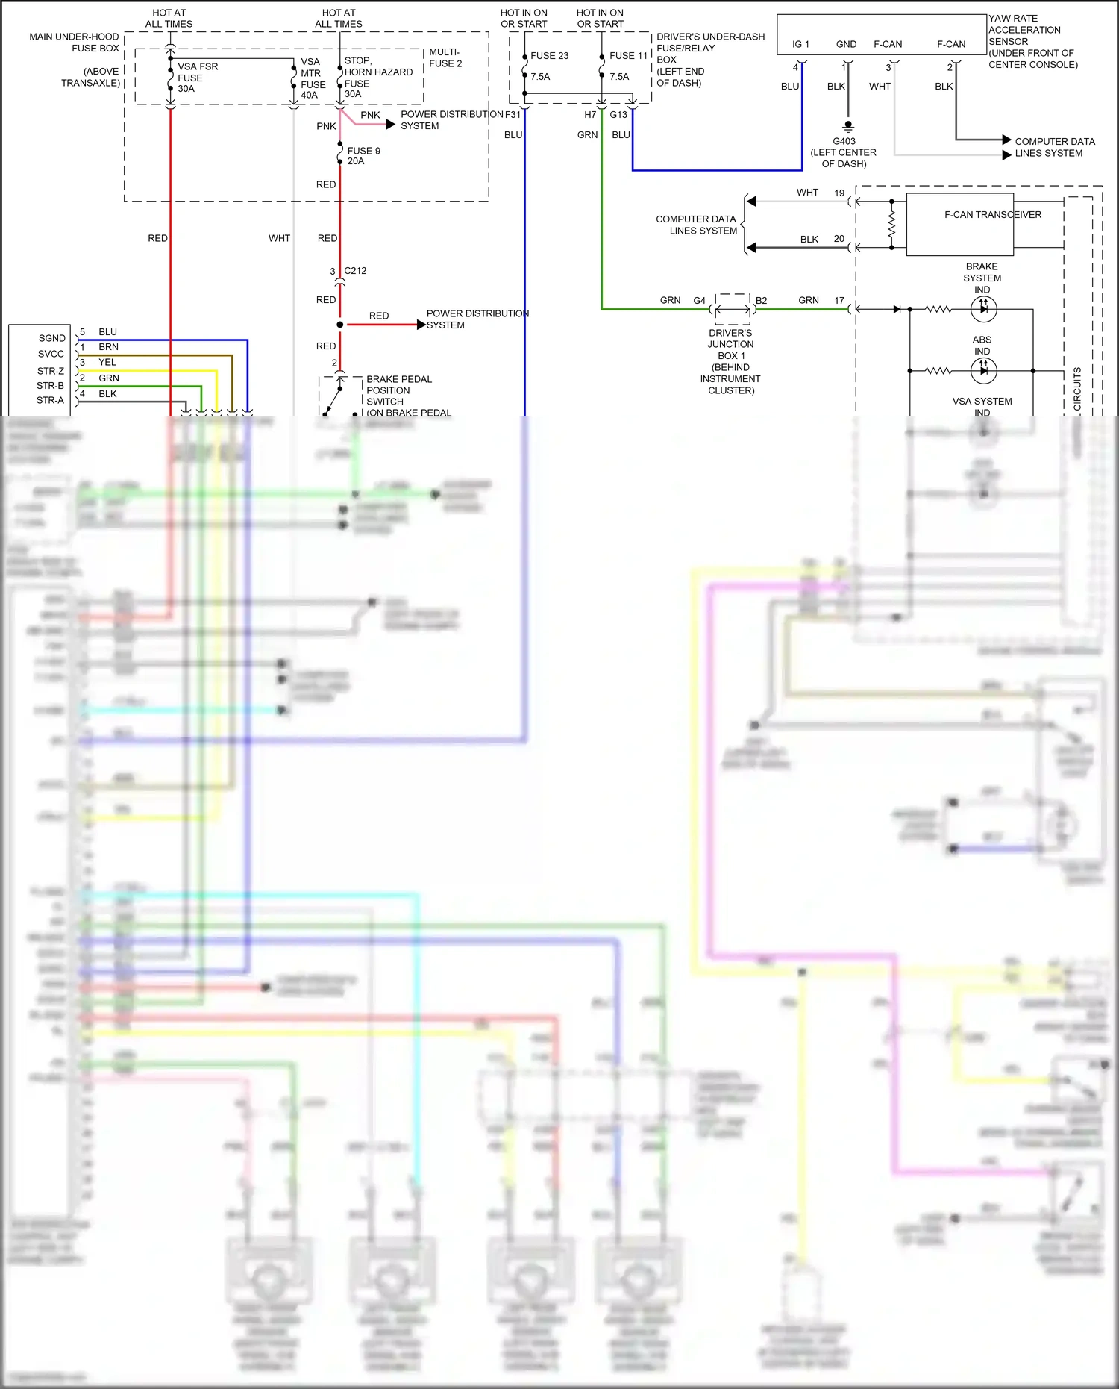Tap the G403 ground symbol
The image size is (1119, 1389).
[847, 126]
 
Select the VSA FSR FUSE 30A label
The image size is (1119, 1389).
[197, 78]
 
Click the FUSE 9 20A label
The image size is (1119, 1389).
[363, 156]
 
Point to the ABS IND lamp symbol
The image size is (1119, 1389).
[983, 370]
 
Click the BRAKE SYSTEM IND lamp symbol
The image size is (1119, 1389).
[983, 308]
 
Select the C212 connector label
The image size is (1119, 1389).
[355, 271]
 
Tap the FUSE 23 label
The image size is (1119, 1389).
[549, 56]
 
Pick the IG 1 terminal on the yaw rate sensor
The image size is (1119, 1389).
[800, 44]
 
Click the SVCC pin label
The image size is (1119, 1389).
[51, 354]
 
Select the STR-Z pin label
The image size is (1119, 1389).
[51, 371]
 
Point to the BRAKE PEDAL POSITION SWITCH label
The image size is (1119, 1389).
[398, 390]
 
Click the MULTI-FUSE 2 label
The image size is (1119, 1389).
[445, 57]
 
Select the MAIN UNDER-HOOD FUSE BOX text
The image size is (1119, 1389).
[75, 43]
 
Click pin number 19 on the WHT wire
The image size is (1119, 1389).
[839, 193]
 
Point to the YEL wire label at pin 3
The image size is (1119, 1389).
[107, 362]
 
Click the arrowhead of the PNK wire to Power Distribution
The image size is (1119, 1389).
[391, 124]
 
